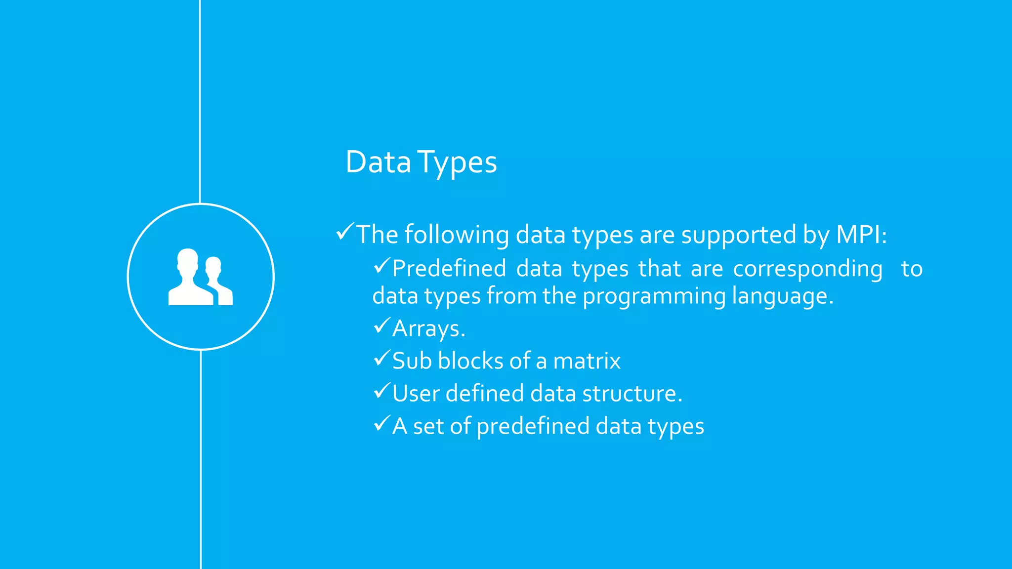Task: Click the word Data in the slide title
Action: click(378, 162)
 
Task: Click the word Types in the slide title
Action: click(457, 163)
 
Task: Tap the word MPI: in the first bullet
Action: click(861, 234)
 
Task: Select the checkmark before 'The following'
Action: click(344, 231)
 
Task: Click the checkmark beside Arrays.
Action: click(381, 325)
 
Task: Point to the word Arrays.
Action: click(428, 329)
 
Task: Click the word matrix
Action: click(587, 361)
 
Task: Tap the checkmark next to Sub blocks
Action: click(381, 358)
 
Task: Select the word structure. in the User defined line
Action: click(632, 394)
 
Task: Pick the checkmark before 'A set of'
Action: click(381, 423)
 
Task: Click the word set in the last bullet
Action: click(428, 426)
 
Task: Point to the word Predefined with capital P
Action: click(449, 269)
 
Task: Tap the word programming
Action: click(654, 297)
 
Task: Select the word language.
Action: click(782, 297)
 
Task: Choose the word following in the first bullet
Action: click(457, 235)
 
